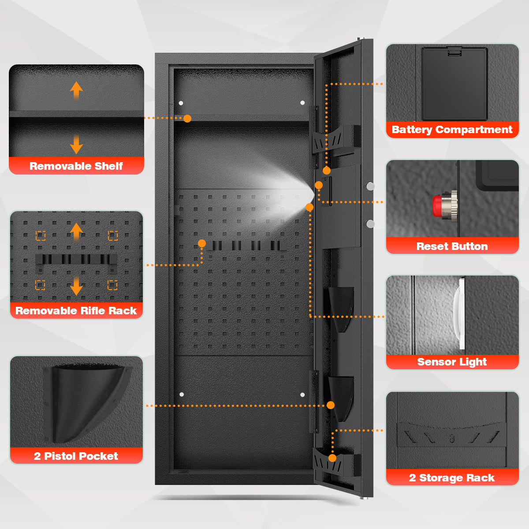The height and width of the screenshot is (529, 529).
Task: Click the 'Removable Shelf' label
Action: (76, 166)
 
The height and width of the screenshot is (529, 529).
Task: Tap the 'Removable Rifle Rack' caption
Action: (76, 311)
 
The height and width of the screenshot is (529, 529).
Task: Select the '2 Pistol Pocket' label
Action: (76, 456)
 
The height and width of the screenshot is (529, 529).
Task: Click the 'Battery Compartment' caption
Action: (452, 130)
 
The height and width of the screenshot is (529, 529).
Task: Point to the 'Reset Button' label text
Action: (452, 246)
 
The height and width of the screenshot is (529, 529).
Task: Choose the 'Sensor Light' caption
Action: (452, 362)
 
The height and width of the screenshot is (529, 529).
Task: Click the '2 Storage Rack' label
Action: (452, 478)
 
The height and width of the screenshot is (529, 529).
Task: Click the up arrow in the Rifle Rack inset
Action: (76, 231)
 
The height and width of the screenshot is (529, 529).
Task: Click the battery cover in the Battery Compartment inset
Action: (454, 84)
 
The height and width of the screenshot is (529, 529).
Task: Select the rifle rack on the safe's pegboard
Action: (245, 246)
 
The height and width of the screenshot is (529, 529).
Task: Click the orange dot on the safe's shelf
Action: (187, 119)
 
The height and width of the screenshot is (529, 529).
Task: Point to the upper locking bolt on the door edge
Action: (370, 186)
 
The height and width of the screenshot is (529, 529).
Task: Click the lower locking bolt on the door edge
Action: (370, 224)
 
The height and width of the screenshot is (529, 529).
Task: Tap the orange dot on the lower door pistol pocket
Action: (331, 405)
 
